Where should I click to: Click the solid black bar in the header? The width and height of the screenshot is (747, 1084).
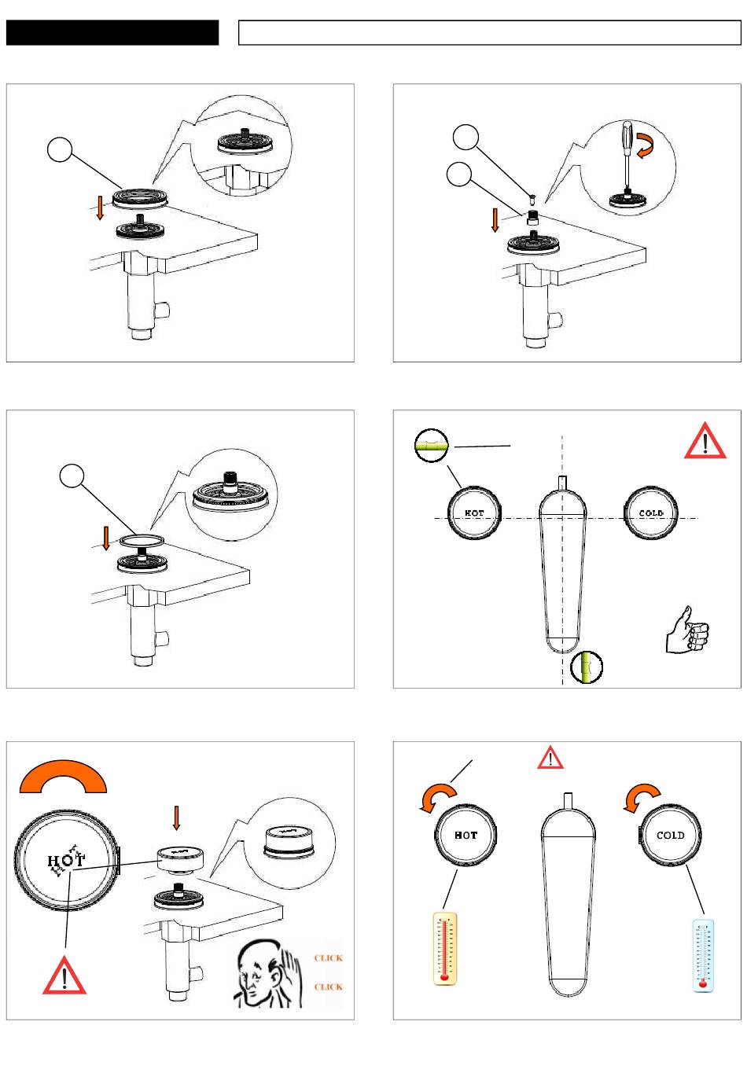112,32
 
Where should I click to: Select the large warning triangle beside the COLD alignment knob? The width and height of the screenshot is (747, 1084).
705,441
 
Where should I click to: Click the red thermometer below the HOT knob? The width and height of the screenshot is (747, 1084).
445,949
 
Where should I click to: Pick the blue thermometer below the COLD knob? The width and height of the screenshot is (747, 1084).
703,955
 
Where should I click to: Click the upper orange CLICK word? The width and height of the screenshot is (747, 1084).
329,958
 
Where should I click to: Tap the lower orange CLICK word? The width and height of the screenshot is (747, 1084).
329,987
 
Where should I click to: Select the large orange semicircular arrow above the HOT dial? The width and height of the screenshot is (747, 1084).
63,775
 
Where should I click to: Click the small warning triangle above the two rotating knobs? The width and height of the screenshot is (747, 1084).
551,758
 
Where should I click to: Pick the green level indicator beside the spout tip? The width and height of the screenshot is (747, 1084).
587,667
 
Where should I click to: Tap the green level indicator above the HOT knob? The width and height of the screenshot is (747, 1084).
431,446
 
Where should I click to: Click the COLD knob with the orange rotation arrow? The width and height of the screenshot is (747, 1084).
670,835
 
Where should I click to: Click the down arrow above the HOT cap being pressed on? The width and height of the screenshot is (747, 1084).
176,818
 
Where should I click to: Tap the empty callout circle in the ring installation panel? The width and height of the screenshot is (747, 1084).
72,476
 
